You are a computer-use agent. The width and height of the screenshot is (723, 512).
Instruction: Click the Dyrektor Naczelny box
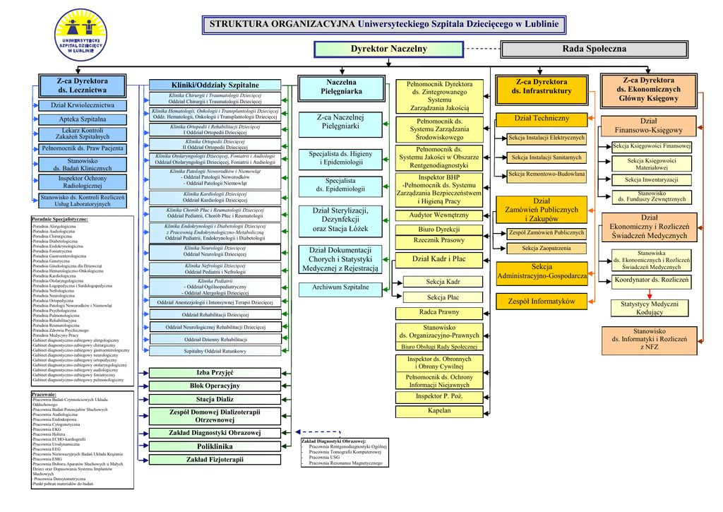(388, 49)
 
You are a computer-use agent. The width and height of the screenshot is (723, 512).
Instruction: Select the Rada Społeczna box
(594, 49)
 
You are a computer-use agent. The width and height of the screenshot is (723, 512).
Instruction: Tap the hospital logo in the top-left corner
(83, 35)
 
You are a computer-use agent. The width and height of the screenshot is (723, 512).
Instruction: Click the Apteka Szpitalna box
(83, 119)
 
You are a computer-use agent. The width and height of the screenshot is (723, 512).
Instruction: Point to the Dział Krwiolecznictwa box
(83, 105)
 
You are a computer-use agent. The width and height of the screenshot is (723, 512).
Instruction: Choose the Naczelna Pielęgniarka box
(341, 87)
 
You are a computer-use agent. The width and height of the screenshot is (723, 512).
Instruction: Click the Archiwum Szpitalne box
(341, 287)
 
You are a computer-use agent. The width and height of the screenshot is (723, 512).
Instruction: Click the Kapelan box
(439, 410)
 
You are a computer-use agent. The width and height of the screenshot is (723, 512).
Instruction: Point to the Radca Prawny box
(439, 312)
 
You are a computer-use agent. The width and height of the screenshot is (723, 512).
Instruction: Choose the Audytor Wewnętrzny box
(439, 215)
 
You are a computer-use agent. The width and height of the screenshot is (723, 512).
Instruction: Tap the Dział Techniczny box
(542, 119)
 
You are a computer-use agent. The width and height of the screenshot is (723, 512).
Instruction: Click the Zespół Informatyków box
(542, 302)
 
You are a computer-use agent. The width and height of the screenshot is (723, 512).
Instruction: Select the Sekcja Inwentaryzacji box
(652, 179)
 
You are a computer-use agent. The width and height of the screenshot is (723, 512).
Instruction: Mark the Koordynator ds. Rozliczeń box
(651, 280)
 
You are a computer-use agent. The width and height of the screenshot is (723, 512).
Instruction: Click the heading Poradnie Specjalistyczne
(60, 220)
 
